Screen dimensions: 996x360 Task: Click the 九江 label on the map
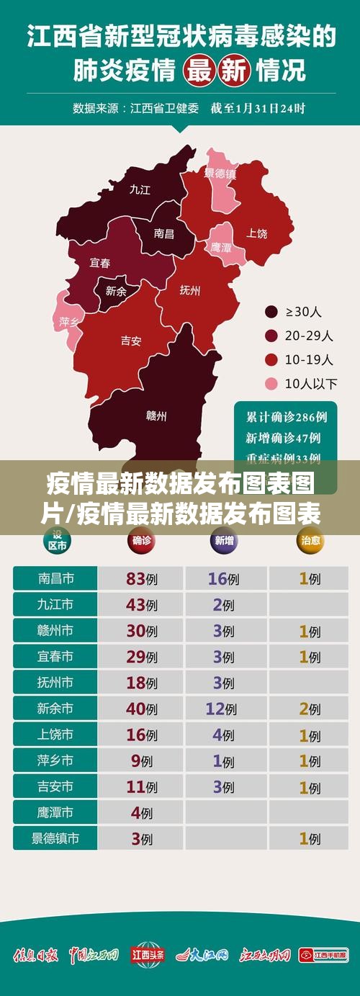click(x=140, y=189)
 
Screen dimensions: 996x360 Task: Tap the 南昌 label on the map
click(x=164, y=233)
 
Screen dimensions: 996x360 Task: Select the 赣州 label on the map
click(x=156, y=416)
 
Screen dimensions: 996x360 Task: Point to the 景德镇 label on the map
click(x=220, y=174)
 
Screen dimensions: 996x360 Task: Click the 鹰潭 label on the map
click(x=221, y=247)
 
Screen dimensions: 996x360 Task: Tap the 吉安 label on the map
click(x=130, y=341)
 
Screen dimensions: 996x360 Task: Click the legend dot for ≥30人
click(x=271, y=312)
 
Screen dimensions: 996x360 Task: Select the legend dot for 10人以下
click(x=271, y=383)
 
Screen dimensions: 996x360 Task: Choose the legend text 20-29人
click(x=309, y=336)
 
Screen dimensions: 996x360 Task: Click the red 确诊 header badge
click(x=142, y=541)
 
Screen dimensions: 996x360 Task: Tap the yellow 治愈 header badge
click(x=310, y=541)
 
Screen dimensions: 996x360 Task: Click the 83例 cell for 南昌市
click(x=141, y=578)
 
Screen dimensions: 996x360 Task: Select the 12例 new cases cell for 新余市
click(x=221, y=709)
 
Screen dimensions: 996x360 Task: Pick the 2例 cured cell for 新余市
click(x=310, y=709)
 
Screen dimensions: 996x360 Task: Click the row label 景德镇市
click(x=55, y=838)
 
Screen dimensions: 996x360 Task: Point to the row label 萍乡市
click(x=55, y=761)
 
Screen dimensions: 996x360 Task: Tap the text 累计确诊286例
click(x=287, y=417)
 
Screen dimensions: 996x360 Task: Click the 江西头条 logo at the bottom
click(x=148, y=955)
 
